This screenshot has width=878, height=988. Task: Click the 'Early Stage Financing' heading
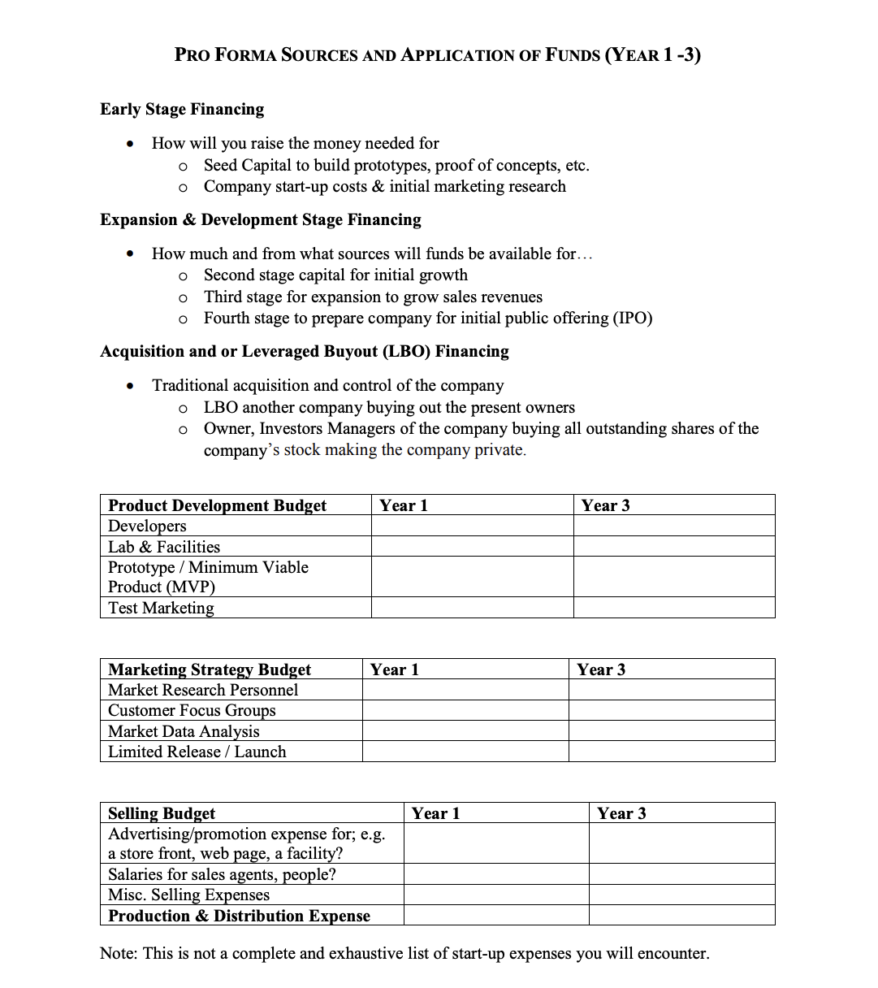182,109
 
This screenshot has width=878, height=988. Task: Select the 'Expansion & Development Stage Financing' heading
261,219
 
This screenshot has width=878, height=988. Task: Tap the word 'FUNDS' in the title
573,55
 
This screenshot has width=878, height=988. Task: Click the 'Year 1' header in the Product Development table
403,505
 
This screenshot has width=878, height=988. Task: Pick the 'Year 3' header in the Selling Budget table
621,813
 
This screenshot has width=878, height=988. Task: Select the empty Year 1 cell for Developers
472,526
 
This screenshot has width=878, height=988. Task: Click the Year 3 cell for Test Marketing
674,608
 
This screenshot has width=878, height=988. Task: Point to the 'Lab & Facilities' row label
164,547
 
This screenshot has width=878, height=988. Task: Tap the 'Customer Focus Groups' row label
192,710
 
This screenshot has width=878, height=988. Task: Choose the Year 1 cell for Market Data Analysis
465,731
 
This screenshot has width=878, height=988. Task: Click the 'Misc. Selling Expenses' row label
188,895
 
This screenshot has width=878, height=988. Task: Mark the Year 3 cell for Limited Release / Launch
672,752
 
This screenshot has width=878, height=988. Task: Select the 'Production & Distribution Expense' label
239,916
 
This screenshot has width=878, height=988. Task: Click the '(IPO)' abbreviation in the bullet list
633,318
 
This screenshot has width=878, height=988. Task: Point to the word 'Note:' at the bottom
119,953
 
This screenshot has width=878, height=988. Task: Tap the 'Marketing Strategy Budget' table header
210,669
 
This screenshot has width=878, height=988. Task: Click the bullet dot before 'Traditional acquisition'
130,386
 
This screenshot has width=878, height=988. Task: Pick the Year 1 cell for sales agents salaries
495,874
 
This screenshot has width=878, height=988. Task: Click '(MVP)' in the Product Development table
189,587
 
